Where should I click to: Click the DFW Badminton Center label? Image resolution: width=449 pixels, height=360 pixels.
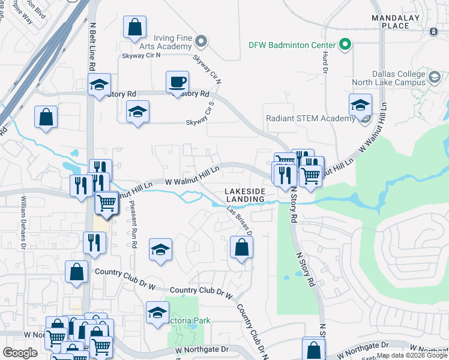tap(292, 45)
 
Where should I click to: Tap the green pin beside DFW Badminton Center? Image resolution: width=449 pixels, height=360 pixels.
tap(345, 44)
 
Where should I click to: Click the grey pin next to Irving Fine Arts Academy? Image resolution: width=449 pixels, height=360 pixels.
tap(201, 42)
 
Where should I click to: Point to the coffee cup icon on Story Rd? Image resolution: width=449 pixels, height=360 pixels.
tap(176, 82)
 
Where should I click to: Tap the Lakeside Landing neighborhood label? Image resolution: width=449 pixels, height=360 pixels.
tap(244, 195)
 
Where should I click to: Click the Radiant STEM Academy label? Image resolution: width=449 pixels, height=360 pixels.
tap(310, 118)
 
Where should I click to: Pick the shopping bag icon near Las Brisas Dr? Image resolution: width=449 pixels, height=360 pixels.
tap(241, 247)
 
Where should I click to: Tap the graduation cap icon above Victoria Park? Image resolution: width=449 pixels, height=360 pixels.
tap(158, 312)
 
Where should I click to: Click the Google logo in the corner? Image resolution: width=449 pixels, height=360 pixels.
tap(20, 352)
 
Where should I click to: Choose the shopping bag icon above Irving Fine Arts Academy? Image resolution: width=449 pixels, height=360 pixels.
tap(135, 27)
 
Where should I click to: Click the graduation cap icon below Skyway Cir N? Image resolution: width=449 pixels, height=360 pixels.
tap(138, 111)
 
